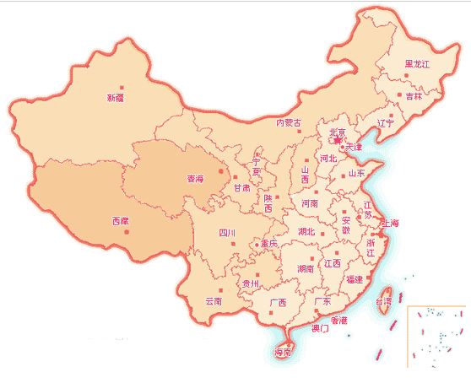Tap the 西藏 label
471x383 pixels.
click(122, 221)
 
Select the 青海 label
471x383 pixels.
click(195, 179)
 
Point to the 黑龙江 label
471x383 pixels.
click(417, 64)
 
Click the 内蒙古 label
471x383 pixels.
click(289, 123)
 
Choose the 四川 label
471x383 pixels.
click(226, 233)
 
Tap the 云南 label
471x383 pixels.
click(213, 300)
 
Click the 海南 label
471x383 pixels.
click(283, 353)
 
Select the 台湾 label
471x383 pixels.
click(384, 300)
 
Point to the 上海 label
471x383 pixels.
click(390, 224)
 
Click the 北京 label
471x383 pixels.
click(338, 132)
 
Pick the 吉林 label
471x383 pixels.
click(414, 97)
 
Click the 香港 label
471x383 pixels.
click(338, 321)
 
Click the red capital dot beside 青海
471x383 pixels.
click(220, 171)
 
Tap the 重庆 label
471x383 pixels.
click(268, 244)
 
